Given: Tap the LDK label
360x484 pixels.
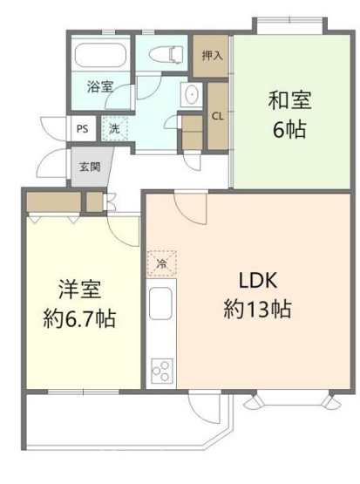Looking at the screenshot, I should [x=257, y=281].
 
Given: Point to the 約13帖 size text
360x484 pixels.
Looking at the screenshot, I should [x=257, y=309].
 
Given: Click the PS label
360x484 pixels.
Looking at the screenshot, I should [x=83, y=128].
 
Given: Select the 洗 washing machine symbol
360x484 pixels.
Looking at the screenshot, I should [x=114, y=129].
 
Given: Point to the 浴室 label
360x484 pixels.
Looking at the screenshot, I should [x=99, y=86].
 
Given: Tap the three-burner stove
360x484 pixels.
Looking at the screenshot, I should [x=161, y=370].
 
